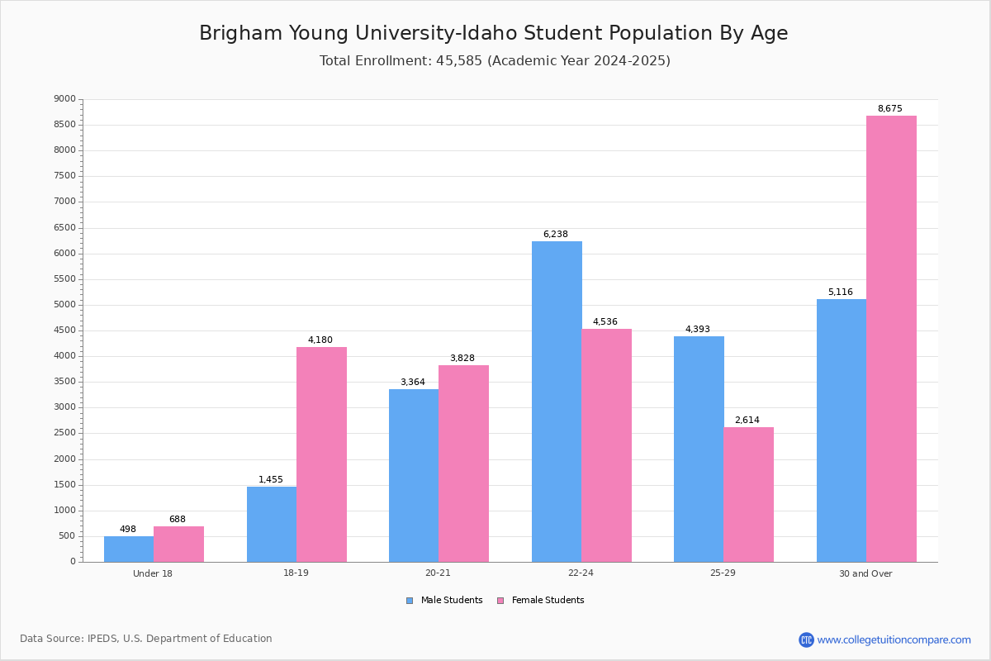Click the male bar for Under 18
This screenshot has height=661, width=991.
click(129, 549)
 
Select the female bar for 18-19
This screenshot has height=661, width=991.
click(321, 454)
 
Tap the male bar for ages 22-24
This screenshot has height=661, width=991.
click(557, 402)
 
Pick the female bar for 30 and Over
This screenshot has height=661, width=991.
click(891, 339)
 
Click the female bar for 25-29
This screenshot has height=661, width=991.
click(748, 494)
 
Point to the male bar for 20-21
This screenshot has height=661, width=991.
click(414, 475)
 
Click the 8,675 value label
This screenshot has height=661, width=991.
click(889, 109)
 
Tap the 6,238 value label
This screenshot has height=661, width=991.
click(555, 235)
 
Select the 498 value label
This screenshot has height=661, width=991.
click(128, 530)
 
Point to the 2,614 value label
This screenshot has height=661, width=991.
click(747, 421)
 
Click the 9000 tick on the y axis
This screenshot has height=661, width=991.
click(64, 99)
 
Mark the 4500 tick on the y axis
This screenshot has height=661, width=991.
click(64, 330)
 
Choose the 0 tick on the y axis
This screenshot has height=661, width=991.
click(73, 562)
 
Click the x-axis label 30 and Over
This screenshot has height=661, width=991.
click(865, 573)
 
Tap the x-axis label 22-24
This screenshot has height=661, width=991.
click(581, 573)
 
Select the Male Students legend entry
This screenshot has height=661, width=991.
click(451, 601)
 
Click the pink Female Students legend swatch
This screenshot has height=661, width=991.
click(500, 601)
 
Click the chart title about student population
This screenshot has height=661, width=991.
click(494, 33)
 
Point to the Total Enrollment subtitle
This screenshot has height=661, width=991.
click(495, 61)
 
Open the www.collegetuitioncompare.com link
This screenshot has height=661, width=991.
click(894, 640)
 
